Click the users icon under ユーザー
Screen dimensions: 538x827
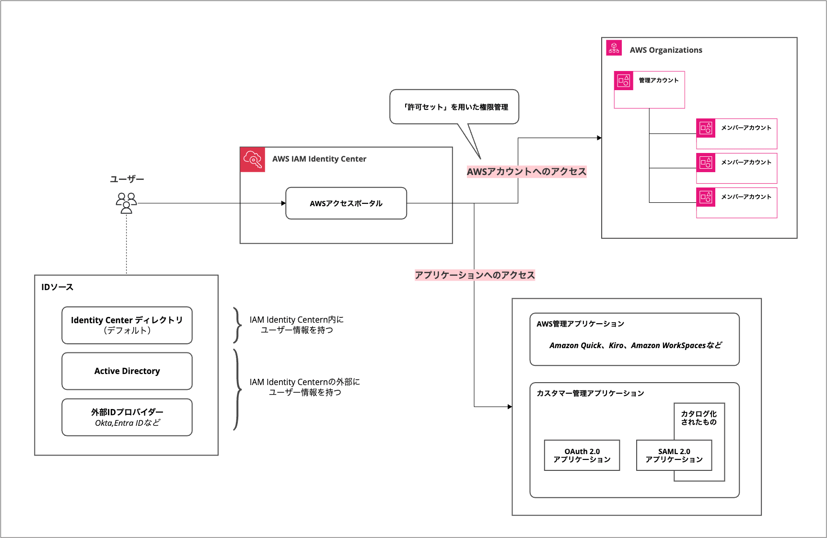[x=127, y=203]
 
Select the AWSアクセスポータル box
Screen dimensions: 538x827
[x=346, y=203]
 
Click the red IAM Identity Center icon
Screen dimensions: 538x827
[x=253, y=159]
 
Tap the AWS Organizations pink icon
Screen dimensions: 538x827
[x=614, y=48]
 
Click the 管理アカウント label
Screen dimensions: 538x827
[x=659, y=80]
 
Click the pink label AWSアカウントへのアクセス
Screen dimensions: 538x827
[x=526, y=172]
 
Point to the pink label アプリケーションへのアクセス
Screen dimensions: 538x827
[x=475, y=275]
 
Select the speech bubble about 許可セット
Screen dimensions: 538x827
[x=454, y=107]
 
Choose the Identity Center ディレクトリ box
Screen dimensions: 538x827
[x=127, y=325]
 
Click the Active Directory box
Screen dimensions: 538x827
[x=127, y=371]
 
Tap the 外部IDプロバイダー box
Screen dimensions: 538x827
[x=127, y=417]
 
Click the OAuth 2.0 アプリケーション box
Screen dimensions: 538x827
[x=582, y=455]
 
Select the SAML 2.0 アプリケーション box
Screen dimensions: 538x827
[x=674, y=455]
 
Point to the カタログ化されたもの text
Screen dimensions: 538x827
[x=699, y=418]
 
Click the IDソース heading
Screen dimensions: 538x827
[x=57, y=287]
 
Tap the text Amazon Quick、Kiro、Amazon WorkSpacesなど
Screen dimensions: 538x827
[x=635, y=345]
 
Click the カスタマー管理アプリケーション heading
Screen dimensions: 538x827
[x=590, y=393]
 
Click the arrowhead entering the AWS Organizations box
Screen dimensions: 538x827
[x=599, y=138]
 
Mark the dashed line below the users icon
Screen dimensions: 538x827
[x=127, y=245]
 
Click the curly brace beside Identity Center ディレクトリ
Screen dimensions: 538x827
[x=237, y=325]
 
